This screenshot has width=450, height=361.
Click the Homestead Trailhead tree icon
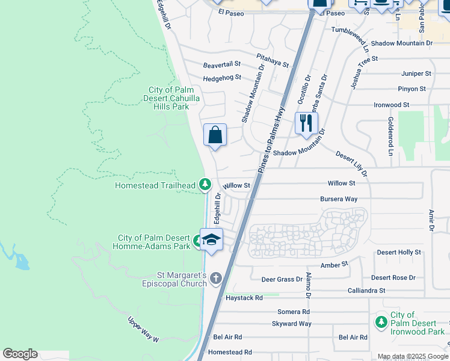click(x=205, y=184)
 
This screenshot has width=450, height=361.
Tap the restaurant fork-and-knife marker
click(x=306, y=123)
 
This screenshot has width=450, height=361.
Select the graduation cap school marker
click(x=211, y=239)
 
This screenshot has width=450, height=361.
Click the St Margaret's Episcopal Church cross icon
click(x=216, y=278)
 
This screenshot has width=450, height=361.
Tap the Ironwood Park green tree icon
click(x=380, y=322)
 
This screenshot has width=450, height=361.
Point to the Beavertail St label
click(x=221, y=64)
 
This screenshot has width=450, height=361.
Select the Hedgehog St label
click(x=221, y=78)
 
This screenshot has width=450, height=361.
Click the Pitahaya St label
click(x=273, y=60)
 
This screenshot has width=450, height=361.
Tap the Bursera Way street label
click(x=339, y=199)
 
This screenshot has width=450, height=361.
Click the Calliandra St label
click(x=366, y=291)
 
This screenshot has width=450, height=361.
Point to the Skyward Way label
click(x=292, y=324)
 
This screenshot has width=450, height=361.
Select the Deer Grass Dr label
click(x=282, y=280)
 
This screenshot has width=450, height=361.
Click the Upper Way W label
click(x=143, y=330)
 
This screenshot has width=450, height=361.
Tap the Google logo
click(x=20, y=354)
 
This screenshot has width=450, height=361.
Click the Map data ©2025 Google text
click(x=412, y=356)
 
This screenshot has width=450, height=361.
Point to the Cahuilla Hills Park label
click(x=169, y=98)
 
